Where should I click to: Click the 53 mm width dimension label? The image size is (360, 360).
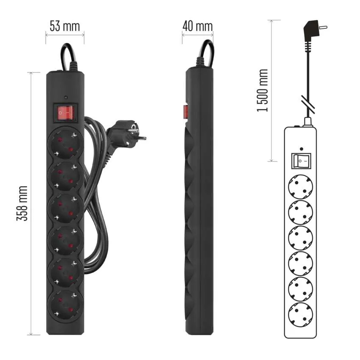(65, 26)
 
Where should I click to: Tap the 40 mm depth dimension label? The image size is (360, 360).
(197, 26)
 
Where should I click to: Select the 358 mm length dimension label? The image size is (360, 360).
(22, 203)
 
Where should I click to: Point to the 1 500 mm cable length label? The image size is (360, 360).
(262, 90)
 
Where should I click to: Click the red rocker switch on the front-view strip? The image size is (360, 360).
(65, 113)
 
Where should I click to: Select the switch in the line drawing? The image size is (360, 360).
(301, 161)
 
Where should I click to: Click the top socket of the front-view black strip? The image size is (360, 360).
(65, 144)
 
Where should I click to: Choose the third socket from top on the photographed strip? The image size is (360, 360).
(65, 208)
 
